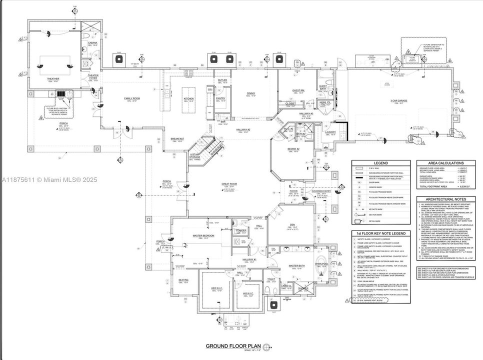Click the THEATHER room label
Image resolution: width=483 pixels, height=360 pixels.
[53, 78]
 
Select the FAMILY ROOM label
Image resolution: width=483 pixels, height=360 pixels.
[132, 98]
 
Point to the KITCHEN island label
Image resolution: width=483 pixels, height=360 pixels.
[188, 99]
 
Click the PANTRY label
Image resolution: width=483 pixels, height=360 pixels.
[220, 99]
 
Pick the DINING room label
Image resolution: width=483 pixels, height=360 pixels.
[251, 93]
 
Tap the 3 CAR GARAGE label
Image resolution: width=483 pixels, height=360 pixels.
[398, 101]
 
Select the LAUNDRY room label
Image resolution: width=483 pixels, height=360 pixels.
[330, 132]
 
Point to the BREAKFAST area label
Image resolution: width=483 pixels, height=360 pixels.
[178, 138]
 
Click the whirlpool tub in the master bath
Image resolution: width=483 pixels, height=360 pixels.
[321, 264]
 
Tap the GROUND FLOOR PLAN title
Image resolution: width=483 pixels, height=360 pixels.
[233, 346]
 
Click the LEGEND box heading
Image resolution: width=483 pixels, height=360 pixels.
[380, 163]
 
